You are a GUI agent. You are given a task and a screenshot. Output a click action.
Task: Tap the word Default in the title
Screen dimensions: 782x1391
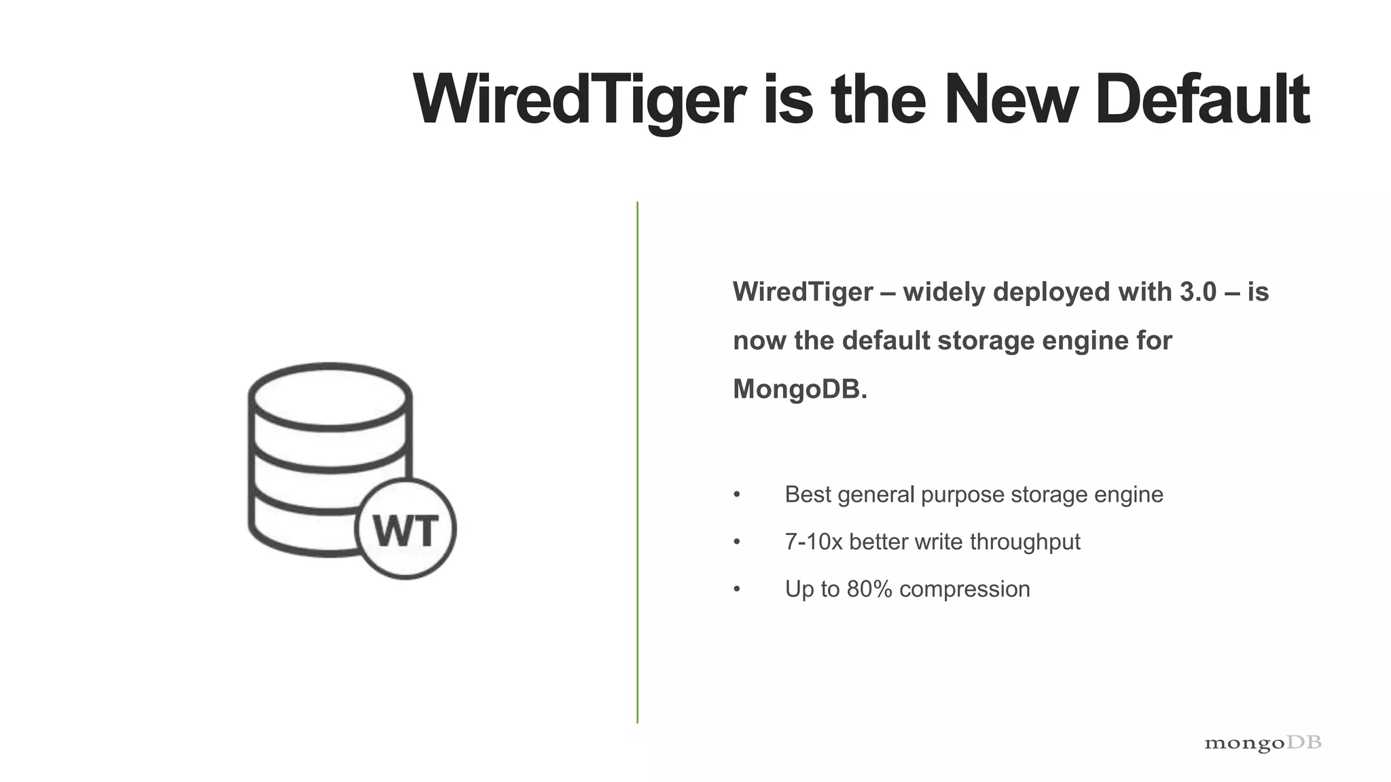pos(1202,100)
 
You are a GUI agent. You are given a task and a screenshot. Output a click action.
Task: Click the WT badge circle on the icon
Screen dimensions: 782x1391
pos(405,529)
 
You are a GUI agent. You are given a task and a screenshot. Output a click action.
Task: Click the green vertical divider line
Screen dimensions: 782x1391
pos(637,462)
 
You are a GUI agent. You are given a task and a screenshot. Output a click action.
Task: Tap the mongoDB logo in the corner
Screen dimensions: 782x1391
pos(1263,743)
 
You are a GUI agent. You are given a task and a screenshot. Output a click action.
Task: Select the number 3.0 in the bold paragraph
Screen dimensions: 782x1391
pos(1197,292)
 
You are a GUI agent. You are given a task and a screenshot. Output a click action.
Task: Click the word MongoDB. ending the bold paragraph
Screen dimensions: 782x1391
pos(800,390)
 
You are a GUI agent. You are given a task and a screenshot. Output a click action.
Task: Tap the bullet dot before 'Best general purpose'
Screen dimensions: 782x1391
pos(737,495)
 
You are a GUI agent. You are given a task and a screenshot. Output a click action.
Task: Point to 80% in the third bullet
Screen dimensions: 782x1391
pos(869,589)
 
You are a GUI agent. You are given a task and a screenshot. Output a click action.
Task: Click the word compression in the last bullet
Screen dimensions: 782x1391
pos(964,589)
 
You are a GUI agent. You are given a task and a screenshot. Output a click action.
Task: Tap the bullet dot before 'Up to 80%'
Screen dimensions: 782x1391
pos(737,589)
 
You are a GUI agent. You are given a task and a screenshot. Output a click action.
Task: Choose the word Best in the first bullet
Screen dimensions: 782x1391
pos(808,495)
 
